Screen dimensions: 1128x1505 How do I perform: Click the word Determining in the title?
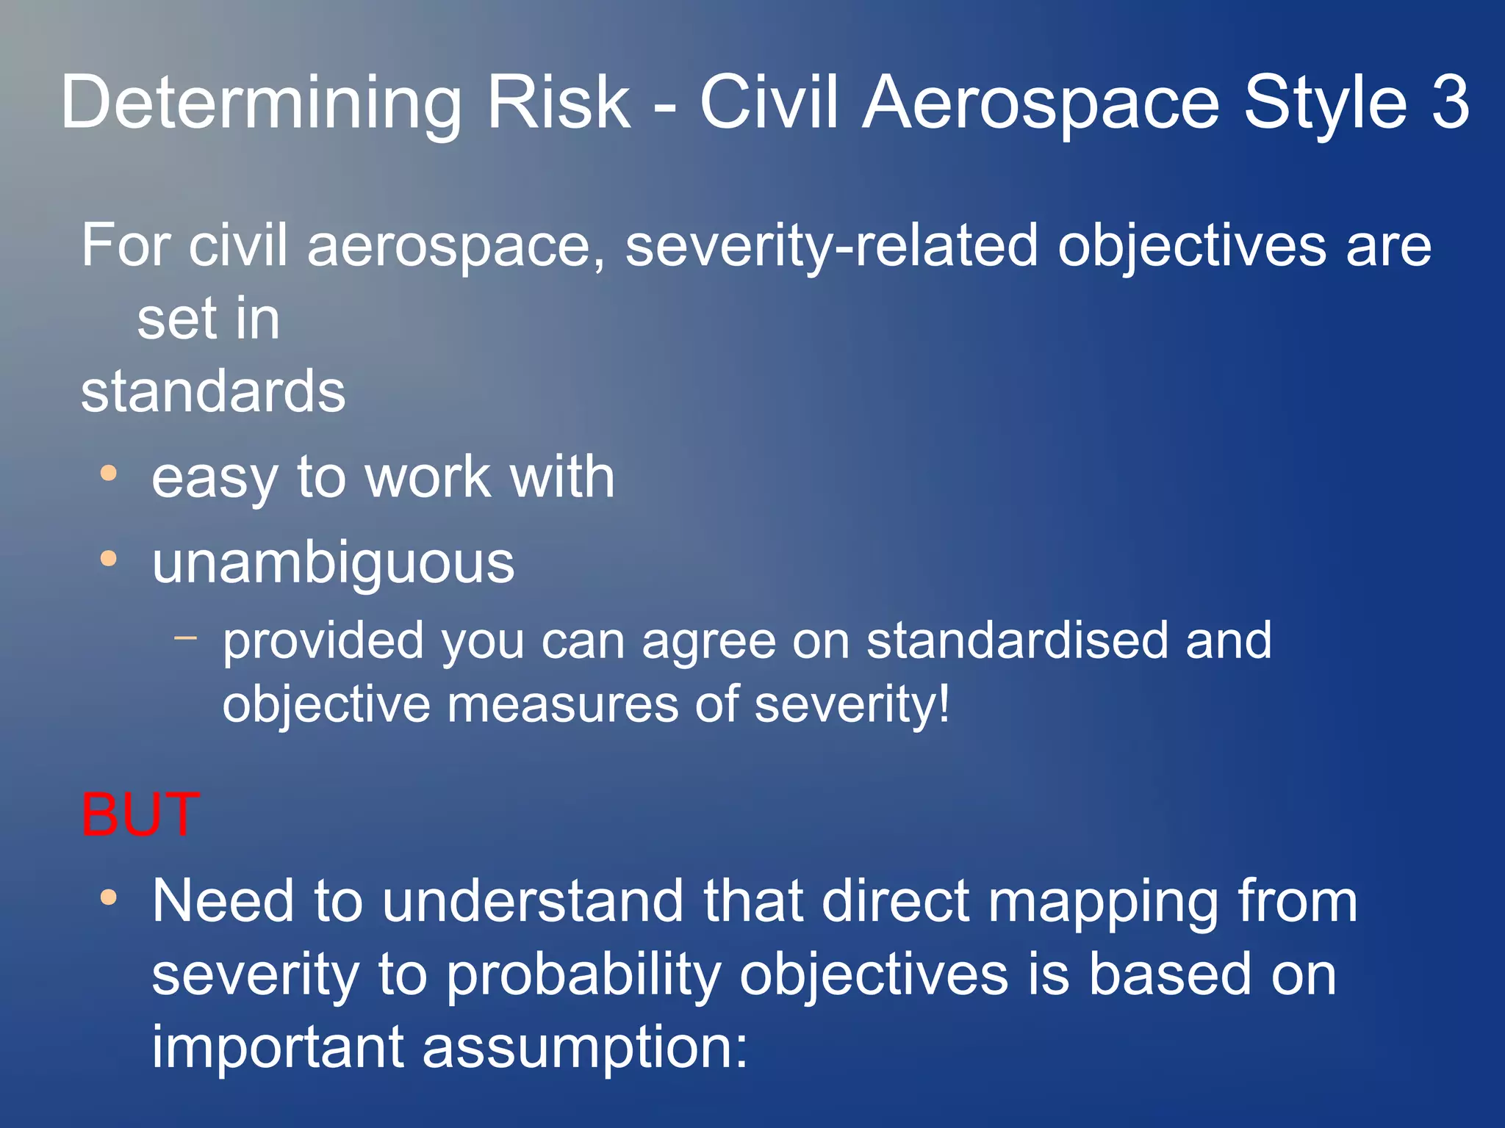pos(261,103)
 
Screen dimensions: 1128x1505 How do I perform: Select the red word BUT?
pos(140,814)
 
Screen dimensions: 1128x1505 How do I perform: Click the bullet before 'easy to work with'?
pos(109,474)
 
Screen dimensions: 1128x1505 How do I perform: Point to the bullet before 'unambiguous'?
pos(109,560)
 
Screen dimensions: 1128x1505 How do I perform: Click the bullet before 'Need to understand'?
pos(109,897)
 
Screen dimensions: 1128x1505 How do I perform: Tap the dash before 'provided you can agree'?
pos(186,637)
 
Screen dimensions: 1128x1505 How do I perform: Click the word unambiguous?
pos(333,563)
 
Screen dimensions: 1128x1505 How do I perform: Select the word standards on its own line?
pos(213,391)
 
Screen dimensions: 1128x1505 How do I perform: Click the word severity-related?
pos(831,246)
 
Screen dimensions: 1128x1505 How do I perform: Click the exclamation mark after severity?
pos(944,704)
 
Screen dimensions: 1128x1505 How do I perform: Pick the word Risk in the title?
pos(558,103)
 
